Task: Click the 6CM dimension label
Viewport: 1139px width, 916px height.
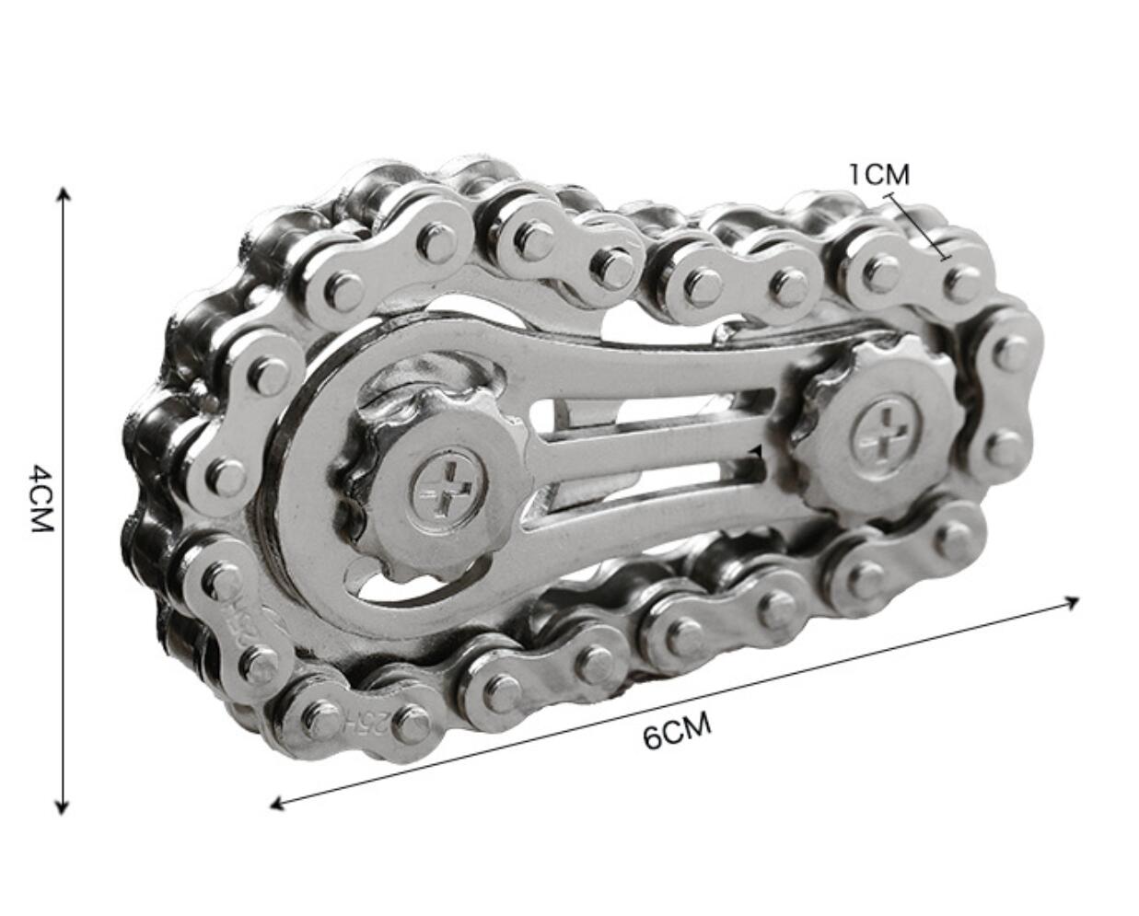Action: point(677,732)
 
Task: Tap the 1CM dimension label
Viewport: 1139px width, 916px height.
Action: point(878,173)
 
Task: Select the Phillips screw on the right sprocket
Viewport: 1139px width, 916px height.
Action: point(882,434)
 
